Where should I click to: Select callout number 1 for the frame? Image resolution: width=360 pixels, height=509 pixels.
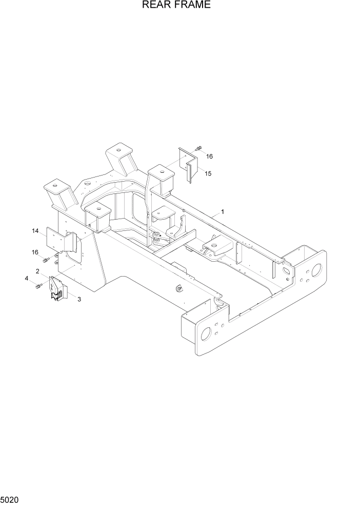pos(223,211)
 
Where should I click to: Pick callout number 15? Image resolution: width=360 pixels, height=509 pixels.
pos(208,173)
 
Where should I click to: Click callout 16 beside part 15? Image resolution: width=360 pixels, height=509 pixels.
pos(209,155)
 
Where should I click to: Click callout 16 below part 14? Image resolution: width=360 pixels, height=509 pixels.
pos(35,252)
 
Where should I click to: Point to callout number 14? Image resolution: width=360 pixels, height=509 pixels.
pos(35,231)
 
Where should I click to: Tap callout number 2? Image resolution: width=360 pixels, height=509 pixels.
pos(37,271)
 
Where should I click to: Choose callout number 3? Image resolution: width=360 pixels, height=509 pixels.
pos(79,299)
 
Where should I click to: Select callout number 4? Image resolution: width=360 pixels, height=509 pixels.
pos(26,279)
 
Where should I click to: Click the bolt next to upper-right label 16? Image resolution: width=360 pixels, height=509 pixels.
pos(198,148)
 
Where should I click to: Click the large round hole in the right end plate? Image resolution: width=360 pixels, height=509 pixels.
pos(316,269)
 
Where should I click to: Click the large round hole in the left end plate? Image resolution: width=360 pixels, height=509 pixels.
pos(206,334)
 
